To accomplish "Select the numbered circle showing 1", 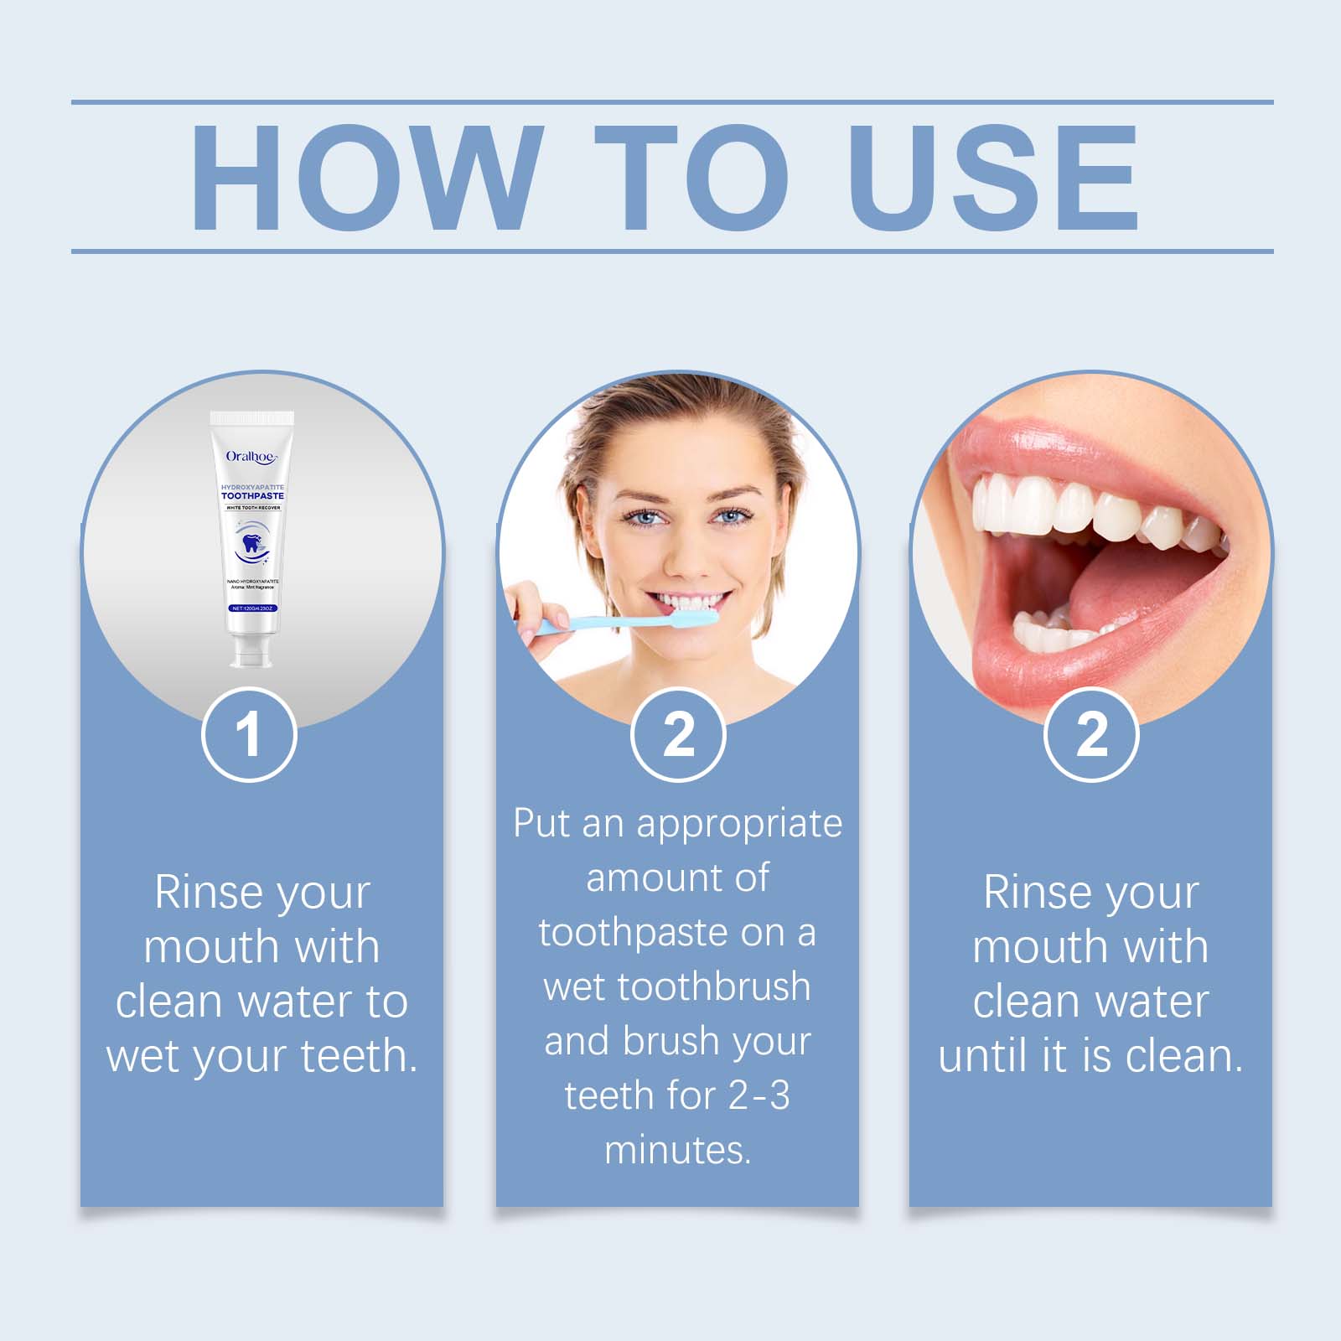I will point(249,735).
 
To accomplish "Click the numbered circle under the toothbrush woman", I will point(678,735).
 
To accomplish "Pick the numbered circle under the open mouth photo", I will point(1091,735).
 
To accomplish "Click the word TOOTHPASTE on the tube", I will point(252,496).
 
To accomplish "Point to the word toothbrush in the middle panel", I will point(715,986).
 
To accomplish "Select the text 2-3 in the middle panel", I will point(759,1095).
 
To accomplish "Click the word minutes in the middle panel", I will point(677,1150).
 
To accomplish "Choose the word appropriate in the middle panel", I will point(739,824).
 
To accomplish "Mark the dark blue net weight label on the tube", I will point(252,608).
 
